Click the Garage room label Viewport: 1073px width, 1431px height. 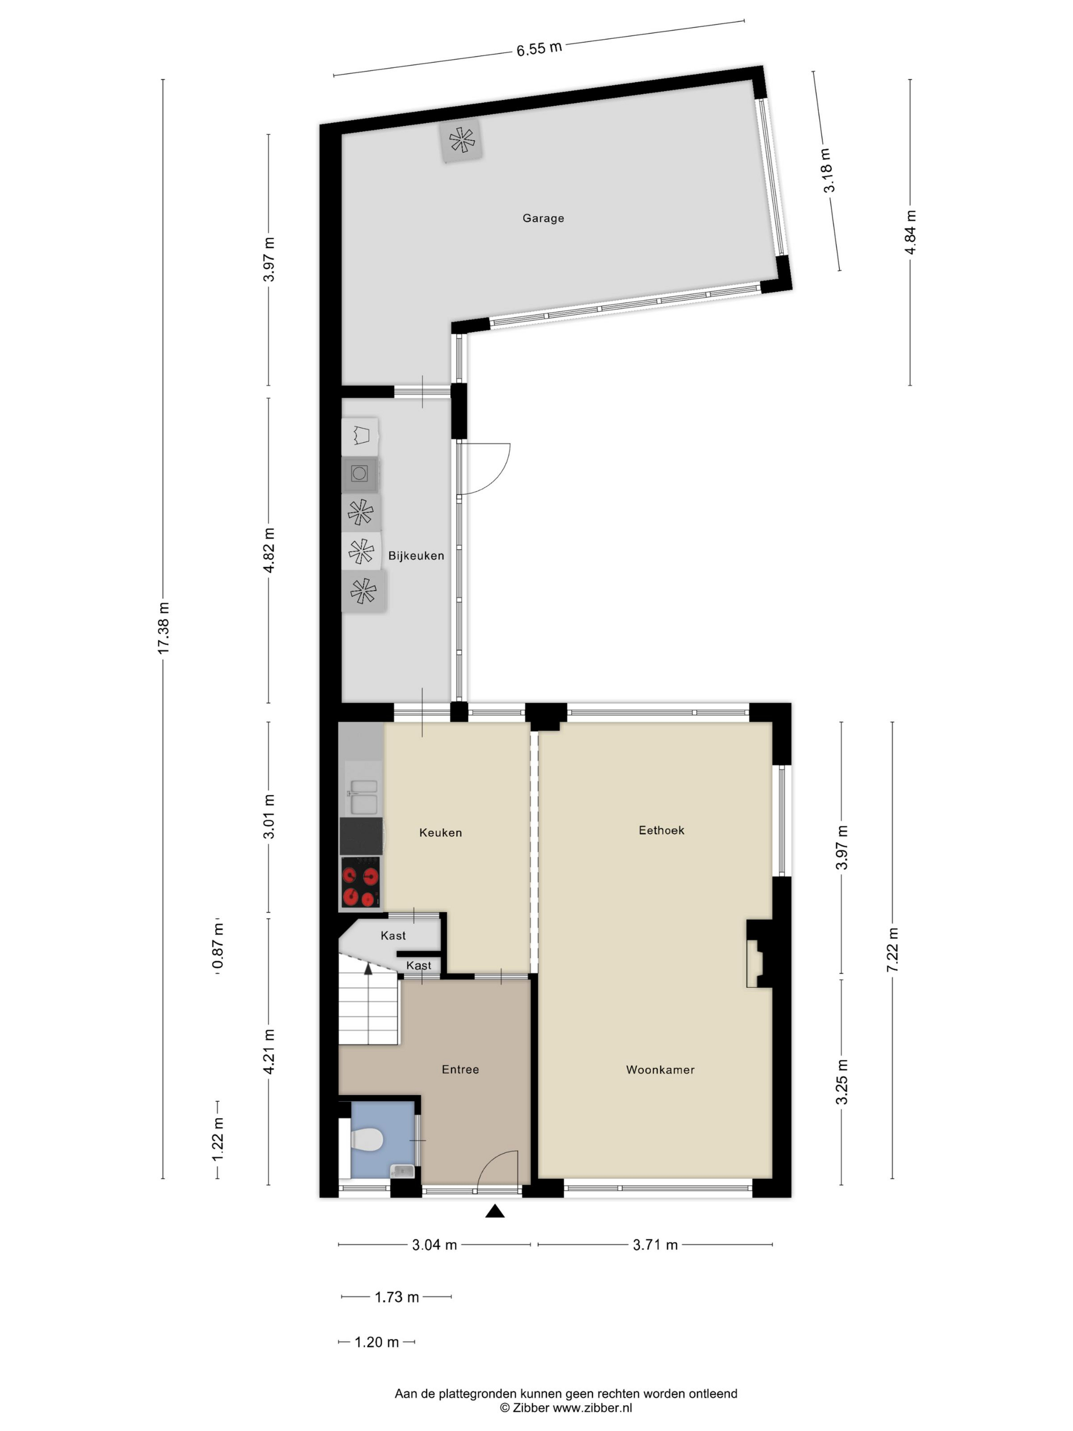point(543,218)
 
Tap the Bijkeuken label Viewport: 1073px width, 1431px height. point(416,555)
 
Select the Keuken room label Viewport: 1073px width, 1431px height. point(440,833)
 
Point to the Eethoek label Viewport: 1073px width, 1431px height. point(661,830)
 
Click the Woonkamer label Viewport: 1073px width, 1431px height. point(660,1069)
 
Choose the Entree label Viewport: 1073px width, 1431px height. point(460,1069)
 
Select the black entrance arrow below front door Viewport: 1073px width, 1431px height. point(495,1210)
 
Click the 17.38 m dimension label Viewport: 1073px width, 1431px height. point(164,628)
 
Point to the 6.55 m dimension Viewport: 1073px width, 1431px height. point(539,49)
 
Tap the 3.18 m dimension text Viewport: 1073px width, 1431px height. point(828,170)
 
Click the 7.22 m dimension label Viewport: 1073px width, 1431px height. point(893,950)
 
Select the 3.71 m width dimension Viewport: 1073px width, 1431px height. point(655,1244)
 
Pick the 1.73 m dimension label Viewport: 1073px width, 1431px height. point(397,1297)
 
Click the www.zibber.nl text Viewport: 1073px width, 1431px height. point(592,1407)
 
